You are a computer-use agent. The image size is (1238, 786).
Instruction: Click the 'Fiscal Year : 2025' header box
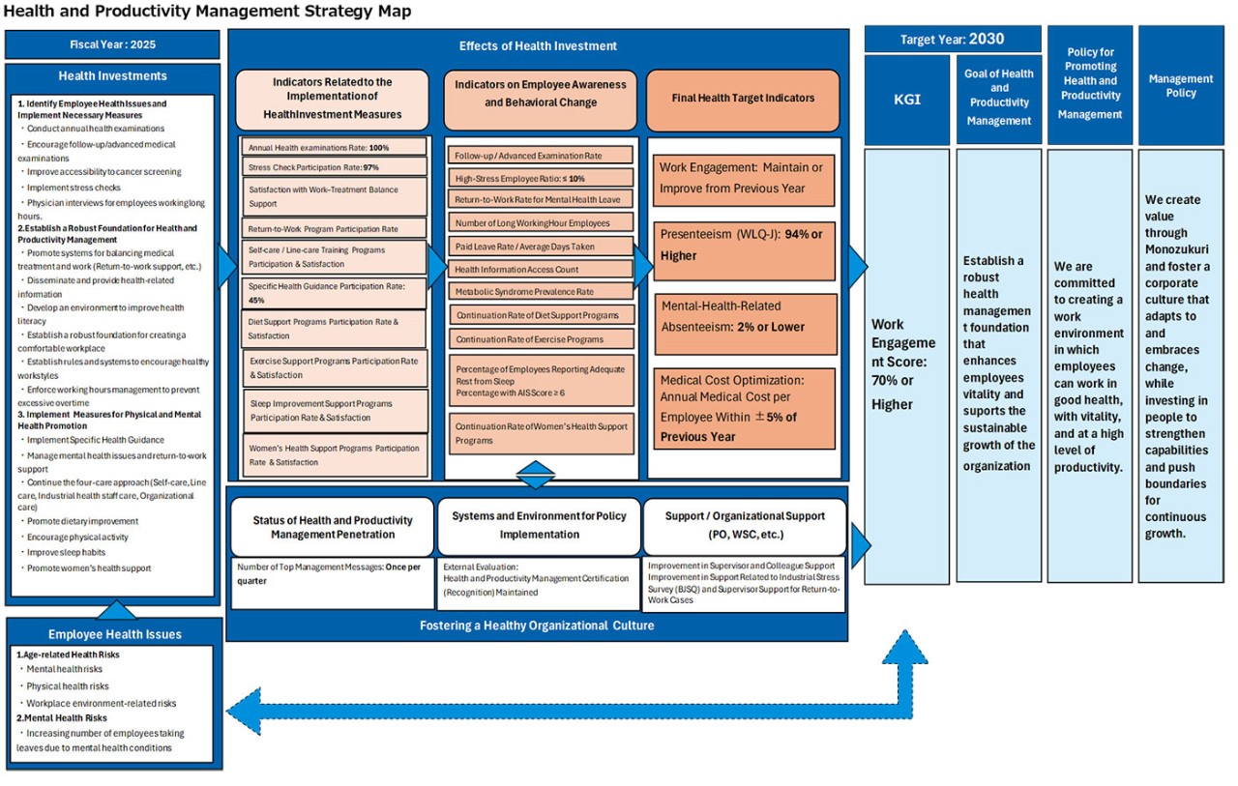pos(112,44)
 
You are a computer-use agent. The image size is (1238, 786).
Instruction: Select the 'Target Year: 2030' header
pos(952,40)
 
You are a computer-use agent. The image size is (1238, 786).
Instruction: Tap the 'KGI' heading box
pos(906,99)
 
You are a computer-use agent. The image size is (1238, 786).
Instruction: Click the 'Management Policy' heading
pos(1181,86)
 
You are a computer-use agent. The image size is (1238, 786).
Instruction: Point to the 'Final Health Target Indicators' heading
pos(742,98)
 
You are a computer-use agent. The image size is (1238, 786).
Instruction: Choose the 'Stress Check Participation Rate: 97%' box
pos(334,166)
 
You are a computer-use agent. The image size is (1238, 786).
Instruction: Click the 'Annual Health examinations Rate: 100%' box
pos(334,147)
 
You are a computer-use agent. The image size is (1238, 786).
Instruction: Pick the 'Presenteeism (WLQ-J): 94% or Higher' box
pos(742,245)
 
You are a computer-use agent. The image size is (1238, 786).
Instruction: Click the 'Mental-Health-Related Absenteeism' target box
pos(742,316)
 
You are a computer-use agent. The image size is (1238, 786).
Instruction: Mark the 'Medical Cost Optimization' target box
pos(742,408)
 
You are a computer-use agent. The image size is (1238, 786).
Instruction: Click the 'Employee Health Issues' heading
pos(114,634)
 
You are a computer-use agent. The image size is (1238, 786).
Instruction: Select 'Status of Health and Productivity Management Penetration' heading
pos(333,527)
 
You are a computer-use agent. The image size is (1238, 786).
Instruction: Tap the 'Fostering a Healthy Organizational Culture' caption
pos(537,626)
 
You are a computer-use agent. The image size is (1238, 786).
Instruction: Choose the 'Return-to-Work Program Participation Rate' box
pos(334,229)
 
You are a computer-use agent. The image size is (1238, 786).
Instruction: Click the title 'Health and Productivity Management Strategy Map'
pos(207,12)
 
